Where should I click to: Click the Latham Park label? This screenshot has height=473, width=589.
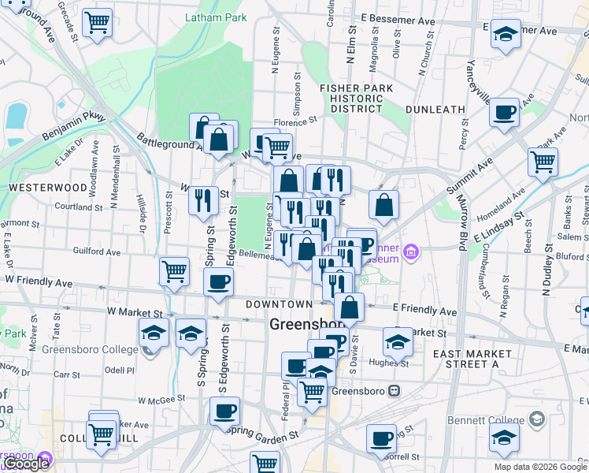click(215, 17)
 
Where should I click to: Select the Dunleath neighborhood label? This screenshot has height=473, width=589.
click(435, 110)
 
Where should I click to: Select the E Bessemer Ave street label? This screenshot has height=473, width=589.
click(398, 17)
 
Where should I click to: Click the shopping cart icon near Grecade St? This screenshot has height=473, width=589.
click(97, 23)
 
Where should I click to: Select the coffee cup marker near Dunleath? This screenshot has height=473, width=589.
click(504, 111)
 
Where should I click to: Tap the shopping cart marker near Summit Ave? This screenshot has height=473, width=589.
click(543, 162)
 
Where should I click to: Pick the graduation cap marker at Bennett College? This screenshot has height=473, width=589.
click(504, 437)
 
